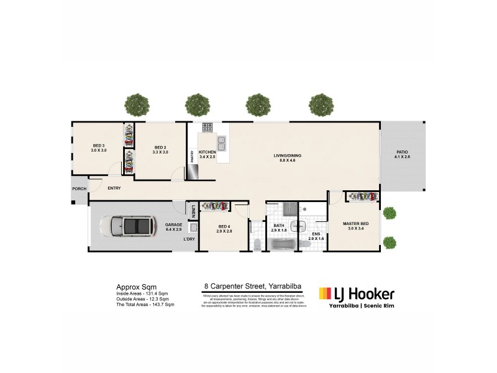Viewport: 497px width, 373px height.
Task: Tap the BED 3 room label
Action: click(x=99, y=148)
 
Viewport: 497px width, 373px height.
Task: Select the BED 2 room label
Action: click(x=160, y=148)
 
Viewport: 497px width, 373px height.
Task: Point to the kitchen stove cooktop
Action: click(x=207, y=129)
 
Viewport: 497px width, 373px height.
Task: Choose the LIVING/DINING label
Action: click(x=287, y=158)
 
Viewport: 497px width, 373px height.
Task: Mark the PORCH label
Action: click(x=79, y=188)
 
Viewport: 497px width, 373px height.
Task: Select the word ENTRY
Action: click(x=114, y=188)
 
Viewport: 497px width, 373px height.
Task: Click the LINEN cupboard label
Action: click(x=193, y=211)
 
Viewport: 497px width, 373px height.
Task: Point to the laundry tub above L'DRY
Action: click(x=193, y=228)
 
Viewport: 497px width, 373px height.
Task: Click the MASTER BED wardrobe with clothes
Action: click(x=362, y=196)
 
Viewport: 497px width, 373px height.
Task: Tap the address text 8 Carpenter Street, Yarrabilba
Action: click(x=253, y=287)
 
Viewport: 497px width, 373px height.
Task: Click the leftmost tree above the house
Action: click(x=135, y=104)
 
